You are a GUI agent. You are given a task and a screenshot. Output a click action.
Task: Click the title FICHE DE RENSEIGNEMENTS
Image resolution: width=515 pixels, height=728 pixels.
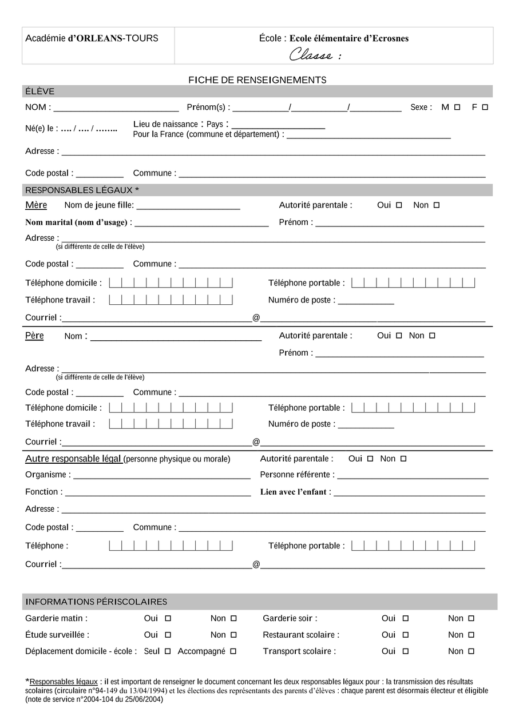coord(257,80)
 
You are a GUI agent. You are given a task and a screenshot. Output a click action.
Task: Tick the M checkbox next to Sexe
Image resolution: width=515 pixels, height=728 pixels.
coord(457,107)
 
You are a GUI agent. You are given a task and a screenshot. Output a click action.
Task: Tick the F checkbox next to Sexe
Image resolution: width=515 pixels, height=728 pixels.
coord(485,107)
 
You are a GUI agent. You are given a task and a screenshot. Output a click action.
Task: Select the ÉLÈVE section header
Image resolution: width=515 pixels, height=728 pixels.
coord(40,92)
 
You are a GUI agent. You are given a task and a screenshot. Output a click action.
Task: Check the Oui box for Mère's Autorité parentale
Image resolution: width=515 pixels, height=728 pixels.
coord(399,205)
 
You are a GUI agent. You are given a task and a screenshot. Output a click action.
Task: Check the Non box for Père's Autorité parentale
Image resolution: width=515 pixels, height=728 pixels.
coord(432,336)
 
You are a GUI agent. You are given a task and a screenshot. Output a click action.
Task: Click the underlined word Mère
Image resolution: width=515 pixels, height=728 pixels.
coord(36,205)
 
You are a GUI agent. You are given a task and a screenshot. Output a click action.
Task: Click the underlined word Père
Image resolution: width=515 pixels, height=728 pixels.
coord(34,336)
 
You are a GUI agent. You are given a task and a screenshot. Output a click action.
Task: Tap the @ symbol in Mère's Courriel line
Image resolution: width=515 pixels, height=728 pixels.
coord(256,317)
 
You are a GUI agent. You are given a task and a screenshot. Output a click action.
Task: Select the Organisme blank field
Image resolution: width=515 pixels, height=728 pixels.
coord(162,478)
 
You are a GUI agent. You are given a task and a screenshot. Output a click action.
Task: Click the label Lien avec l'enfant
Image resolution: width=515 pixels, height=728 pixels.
coord(295,492)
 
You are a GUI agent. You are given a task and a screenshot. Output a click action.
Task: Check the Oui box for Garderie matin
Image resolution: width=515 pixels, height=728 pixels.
coord(168,618)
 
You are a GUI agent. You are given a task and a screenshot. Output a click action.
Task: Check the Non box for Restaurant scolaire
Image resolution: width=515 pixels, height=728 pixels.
coord(472,635)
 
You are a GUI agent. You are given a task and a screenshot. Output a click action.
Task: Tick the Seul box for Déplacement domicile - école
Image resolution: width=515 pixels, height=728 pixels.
coord(168,651)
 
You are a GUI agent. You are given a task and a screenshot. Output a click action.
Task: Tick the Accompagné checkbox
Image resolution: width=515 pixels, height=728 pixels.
coord(233,651)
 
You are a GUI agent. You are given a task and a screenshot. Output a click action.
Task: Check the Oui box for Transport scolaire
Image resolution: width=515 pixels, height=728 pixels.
coord(406,651)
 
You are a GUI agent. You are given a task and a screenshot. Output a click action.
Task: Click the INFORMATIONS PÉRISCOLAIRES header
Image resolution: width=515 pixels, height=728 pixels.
coord(97,602)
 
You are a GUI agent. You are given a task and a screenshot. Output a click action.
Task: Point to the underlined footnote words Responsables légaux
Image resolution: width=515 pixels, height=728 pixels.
coord(64,682)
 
